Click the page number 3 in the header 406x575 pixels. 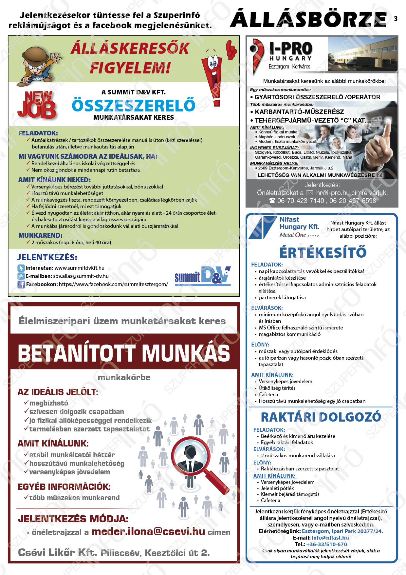pyautogui.click(x=396, y=18)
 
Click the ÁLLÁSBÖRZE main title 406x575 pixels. pyautogui.click(x=308, y=19)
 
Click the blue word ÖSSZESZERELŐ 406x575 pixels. pyautogui.click(x=133, y=105)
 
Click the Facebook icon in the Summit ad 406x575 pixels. pyautogui.click(x=21, y=285)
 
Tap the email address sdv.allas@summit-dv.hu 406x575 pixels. pyautogui.click(x=81, y=276)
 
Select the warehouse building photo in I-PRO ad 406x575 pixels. pyautogui.click(x=362, y=53)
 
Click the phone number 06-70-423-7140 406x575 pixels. pyautogui.click(x=301, y=201)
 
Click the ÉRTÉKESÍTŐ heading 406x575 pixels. pyautogui.click(x=323, y=252)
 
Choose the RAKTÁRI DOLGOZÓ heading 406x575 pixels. pyautogui.click(x=321, y=417)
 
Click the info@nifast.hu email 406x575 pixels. pyautogui.click(x=330, y=538)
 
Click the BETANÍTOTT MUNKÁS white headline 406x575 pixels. pyautogui.click(x=124, y=353)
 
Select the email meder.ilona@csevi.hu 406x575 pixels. pyautogui.click(x=148, y=532)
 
